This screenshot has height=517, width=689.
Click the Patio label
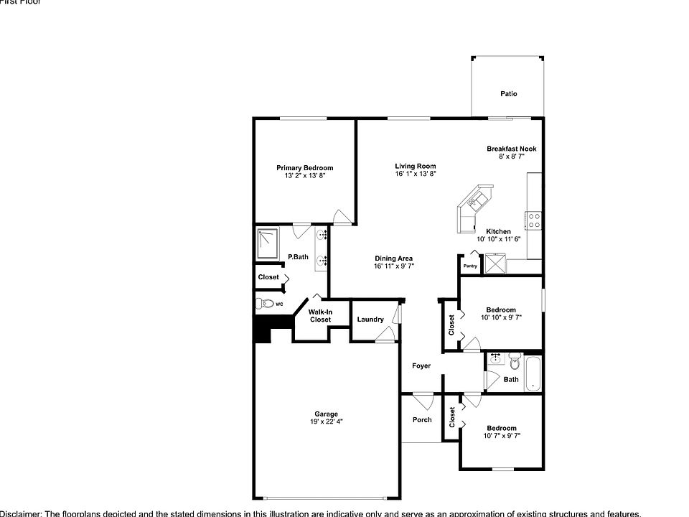click(x=508, y=94)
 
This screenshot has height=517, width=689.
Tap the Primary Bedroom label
click(x=305, y=168)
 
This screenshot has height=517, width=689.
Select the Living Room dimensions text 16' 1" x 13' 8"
click(x=416, y=174)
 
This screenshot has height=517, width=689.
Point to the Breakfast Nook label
click(x=511, y=149)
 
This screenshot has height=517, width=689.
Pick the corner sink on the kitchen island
click(x=473, y=202)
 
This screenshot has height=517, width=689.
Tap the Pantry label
click(x=470, y=266)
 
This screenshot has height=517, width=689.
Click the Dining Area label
click(x=393, y=258)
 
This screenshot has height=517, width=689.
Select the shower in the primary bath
click(x=268, y=243)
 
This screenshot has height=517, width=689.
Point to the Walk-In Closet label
click(x=320, y=315)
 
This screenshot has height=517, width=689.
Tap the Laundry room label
click(x=370, y=320)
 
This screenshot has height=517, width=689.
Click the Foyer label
click(x=421, y=366)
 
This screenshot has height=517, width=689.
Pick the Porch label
click(x=422, y=419)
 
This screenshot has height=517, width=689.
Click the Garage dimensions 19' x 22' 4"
click(x=326, y=422)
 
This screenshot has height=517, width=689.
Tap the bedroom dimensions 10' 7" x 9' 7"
click(x=501, y=435)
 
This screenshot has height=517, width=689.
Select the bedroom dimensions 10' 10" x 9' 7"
click(x=501, y=317)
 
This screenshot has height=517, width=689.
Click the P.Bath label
click(x=298, y=257)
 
